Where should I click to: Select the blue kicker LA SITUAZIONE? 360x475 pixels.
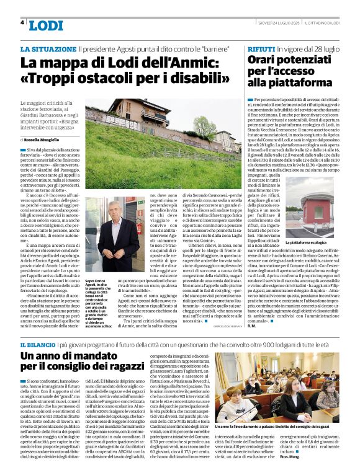[48, 48]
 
